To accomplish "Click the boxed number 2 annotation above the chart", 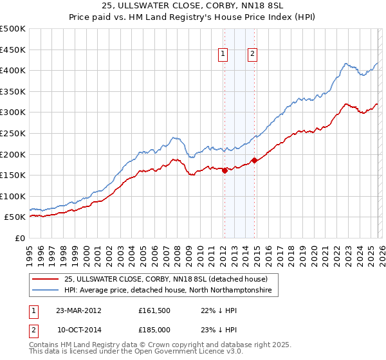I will coord(252,55).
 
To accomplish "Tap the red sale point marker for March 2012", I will coord(225,170).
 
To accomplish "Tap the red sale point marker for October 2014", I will coord(254,160).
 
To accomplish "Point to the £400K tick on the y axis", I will coord(14,71).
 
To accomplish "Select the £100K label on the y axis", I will coord(14,197).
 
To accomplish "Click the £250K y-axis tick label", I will coord(14,134).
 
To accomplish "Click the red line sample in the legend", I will coord(46,279).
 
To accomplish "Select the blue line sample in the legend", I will coord(46,291).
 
